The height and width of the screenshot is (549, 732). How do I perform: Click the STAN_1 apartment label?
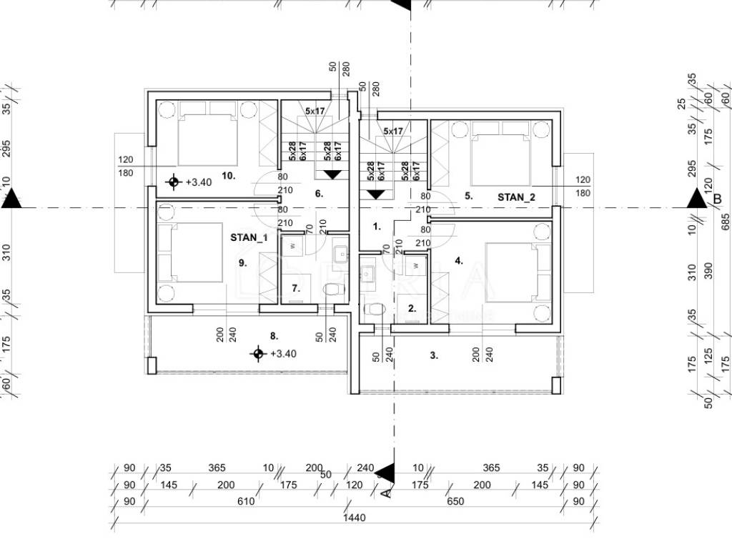click(249, 237)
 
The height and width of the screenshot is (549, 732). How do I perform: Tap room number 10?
click(229, 175)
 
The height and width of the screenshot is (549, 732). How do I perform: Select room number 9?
click(242, 262)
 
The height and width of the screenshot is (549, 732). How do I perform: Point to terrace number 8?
click(274, 335)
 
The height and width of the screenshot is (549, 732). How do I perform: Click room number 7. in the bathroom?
click(295, 289)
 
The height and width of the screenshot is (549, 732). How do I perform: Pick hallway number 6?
click(319, 193)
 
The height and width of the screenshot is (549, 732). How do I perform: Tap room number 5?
click(468, 194)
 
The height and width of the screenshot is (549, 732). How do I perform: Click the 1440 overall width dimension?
click(354, 518)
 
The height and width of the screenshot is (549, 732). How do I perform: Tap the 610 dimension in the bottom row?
click(246, 502)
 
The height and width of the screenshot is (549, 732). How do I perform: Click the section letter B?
click(718, 201)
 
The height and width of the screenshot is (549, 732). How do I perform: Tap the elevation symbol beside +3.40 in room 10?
click(173, 182)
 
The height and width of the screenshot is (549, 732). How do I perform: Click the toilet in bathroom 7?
click(332, 290)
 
